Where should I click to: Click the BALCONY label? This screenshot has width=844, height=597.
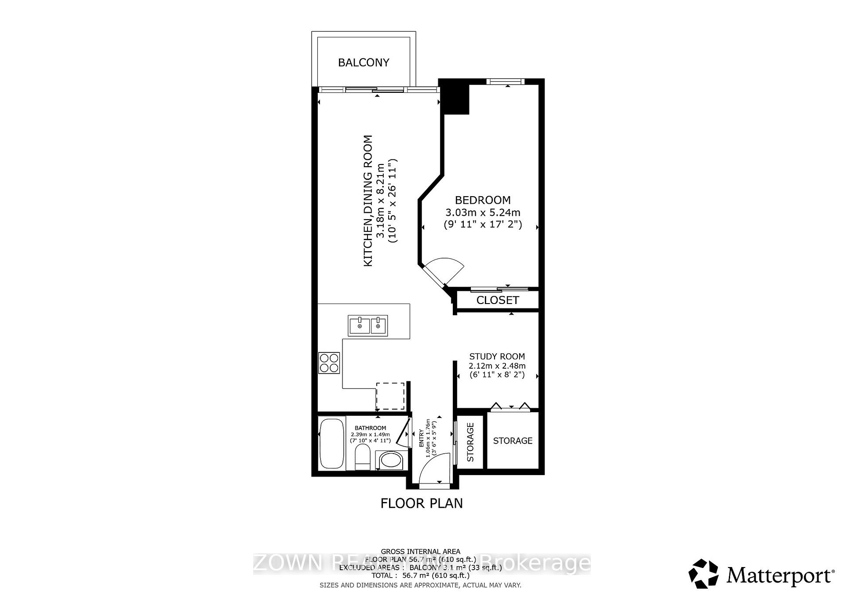tap(364, 62)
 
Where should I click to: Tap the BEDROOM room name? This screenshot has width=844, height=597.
tap(483, 200)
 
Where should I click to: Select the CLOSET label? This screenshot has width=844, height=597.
tap(498, 300)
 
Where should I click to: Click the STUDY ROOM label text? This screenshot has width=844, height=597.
tap(497, 356)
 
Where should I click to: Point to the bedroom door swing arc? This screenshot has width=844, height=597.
tap(446, 269)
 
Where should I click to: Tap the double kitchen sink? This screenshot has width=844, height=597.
tap(368, 326)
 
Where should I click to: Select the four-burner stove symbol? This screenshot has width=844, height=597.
tap(329, 363)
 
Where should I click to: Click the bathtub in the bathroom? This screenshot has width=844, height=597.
tap(331, 444)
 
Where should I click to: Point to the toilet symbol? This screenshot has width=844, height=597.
tap(363, 458)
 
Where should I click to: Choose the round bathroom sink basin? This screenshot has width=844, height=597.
tap(390, 461)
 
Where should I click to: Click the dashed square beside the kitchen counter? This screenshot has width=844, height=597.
tap(390, 396)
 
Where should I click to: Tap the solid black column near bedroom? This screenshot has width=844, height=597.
tap(455, 97)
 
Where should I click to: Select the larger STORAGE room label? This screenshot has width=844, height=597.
tap(513, 441)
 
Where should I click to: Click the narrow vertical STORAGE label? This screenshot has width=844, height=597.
tap(470, 442)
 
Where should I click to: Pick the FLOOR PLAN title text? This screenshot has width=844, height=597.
tap(422, 503)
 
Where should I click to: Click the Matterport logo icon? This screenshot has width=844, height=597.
tap(703, 574)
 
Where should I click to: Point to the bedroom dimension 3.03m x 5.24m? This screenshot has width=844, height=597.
tap(483, 212)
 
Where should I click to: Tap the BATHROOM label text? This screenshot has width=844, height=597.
tap(370, 428)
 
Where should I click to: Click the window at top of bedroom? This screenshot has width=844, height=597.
tap(505, 81)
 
